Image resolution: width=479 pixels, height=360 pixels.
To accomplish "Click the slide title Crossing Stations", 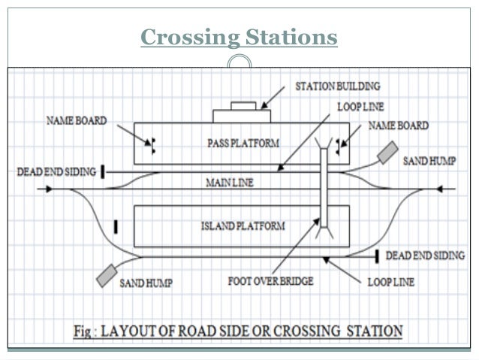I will click(x=239, y=37).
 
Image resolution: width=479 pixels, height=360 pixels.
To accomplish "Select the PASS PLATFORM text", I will click(x=236, y=141).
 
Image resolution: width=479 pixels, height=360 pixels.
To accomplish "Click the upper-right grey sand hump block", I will click(x=390, y=153).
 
